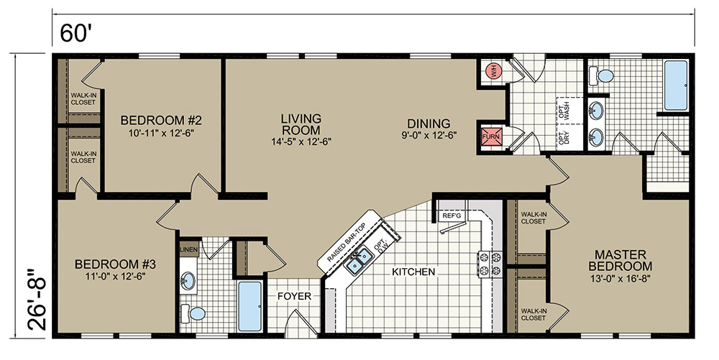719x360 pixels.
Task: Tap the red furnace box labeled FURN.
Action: click(x=492, y=136)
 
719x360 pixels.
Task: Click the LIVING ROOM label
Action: click(x=301, y=124)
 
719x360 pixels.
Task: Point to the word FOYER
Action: click(x=294, y=296)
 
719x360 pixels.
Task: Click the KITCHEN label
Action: click(x=413, y=272)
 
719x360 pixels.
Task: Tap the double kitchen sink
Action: click(x=359, y=259)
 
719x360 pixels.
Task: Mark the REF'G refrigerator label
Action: click(x=452, y=216)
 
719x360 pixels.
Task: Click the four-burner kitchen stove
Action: click(x=490, y=264)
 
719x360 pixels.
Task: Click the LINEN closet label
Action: click(x=188, y=249)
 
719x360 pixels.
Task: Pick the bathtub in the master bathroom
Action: click(x=676, y=86)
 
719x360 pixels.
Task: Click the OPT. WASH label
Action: click(x=564, y=110)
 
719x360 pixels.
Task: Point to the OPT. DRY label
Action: click(x=564, y=137)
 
